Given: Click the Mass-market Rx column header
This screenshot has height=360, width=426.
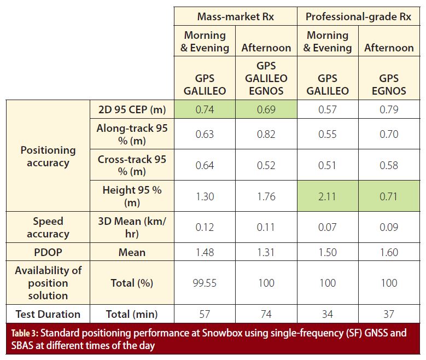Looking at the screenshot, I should coord(236,16).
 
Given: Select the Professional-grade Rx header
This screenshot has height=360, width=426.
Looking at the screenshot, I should coord(358,16).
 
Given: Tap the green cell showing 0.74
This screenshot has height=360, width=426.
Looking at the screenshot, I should coord(205,109).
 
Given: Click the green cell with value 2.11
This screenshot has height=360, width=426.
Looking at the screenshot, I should coord(328,196).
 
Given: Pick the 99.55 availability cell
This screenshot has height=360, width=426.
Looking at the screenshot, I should coord(205,283).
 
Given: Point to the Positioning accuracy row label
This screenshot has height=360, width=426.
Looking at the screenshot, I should coord(48,156).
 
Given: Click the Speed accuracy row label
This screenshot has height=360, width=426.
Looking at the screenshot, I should coord(48,228).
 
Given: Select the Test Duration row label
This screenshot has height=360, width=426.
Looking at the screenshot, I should coord(48,314).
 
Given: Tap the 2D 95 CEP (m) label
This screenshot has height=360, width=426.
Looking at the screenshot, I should coord(132,109).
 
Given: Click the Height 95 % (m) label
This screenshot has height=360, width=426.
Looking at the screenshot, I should coord(132,196).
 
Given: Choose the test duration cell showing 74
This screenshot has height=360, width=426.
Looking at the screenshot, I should coord(266,314).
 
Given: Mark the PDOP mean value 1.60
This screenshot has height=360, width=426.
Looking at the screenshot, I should coord(389,252).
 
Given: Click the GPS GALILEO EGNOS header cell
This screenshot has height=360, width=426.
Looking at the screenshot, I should coord(266,78).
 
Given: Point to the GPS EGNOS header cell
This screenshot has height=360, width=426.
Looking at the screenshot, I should coord(389,84).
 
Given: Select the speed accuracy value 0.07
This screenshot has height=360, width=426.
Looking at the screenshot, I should coord(328,228).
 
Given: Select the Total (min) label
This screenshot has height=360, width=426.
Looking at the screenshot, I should coord(132,314).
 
